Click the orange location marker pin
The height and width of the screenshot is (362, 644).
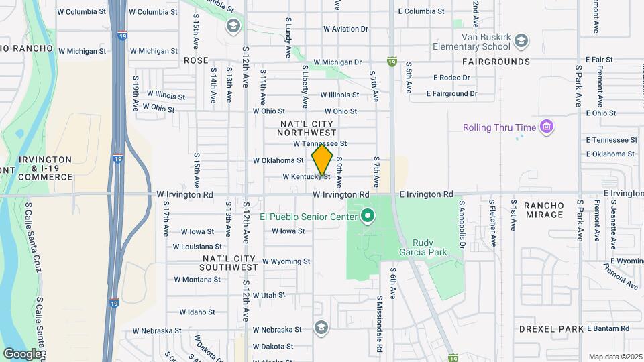322,160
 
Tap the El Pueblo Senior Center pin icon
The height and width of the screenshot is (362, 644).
367,216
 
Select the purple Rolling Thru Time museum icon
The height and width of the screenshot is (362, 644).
547,127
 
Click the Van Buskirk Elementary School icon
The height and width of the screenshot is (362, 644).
521,42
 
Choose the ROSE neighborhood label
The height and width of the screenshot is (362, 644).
196,60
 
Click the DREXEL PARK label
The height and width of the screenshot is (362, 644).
551,329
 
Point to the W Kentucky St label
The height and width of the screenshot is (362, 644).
306,177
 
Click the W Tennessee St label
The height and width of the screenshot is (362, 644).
320,143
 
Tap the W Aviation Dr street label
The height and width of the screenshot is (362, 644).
345,29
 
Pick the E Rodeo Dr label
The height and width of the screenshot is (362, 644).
451,78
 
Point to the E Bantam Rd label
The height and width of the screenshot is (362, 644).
608,328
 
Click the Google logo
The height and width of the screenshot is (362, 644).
22,353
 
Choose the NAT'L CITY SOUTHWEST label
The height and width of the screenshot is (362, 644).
229,263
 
